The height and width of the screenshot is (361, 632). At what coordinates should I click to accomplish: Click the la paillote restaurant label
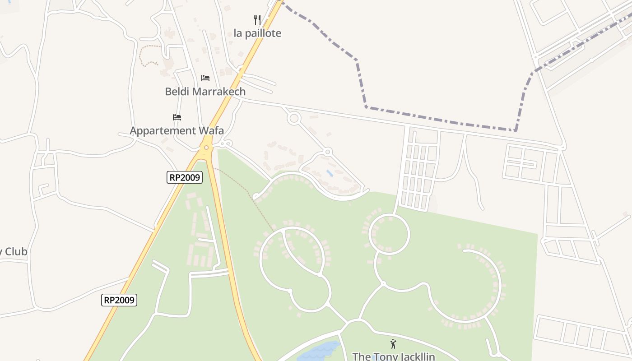tap(257, 33)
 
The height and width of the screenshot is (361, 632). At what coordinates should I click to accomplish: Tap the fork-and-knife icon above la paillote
tap(257, 19)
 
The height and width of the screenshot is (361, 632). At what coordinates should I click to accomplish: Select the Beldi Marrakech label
tap(205, 92)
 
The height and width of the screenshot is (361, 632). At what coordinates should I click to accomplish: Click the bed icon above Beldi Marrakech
tap(205, 78)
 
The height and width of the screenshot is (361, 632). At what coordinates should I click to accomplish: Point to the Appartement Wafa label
tap(177, 131)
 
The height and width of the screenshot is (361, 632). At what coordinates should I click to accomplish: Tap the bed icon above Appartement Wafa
tap(177, 117)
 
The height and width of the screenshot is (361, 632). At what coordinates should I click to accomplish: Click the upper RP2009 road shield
tap(184, 177)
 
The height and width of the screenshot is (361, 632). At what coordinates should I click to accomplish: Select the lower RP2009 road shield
tap(119, 300)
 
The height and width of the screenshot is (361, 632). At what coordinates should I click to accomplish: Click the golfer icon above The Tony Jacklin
tap(393, 344)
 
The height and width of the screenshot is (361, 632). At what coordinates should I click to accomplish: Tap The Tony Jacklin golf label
tap(393, 356)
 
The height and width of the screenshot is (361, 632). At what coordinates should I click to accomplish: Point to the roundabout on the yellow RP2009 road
tap(206, 147)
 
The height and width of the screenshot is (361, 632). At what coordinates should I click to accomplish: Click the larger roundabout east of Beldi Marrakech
tap(294, 119)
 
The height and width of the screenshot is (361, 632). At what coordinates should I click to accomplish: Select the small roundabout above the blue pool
tap(328, 152)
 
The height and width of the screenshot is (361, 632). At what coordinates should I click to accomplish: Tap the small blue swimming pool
tap(330, 173)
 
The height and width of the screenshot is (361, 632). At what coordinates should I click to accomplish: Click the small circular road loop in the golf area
tap(389, 234)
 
